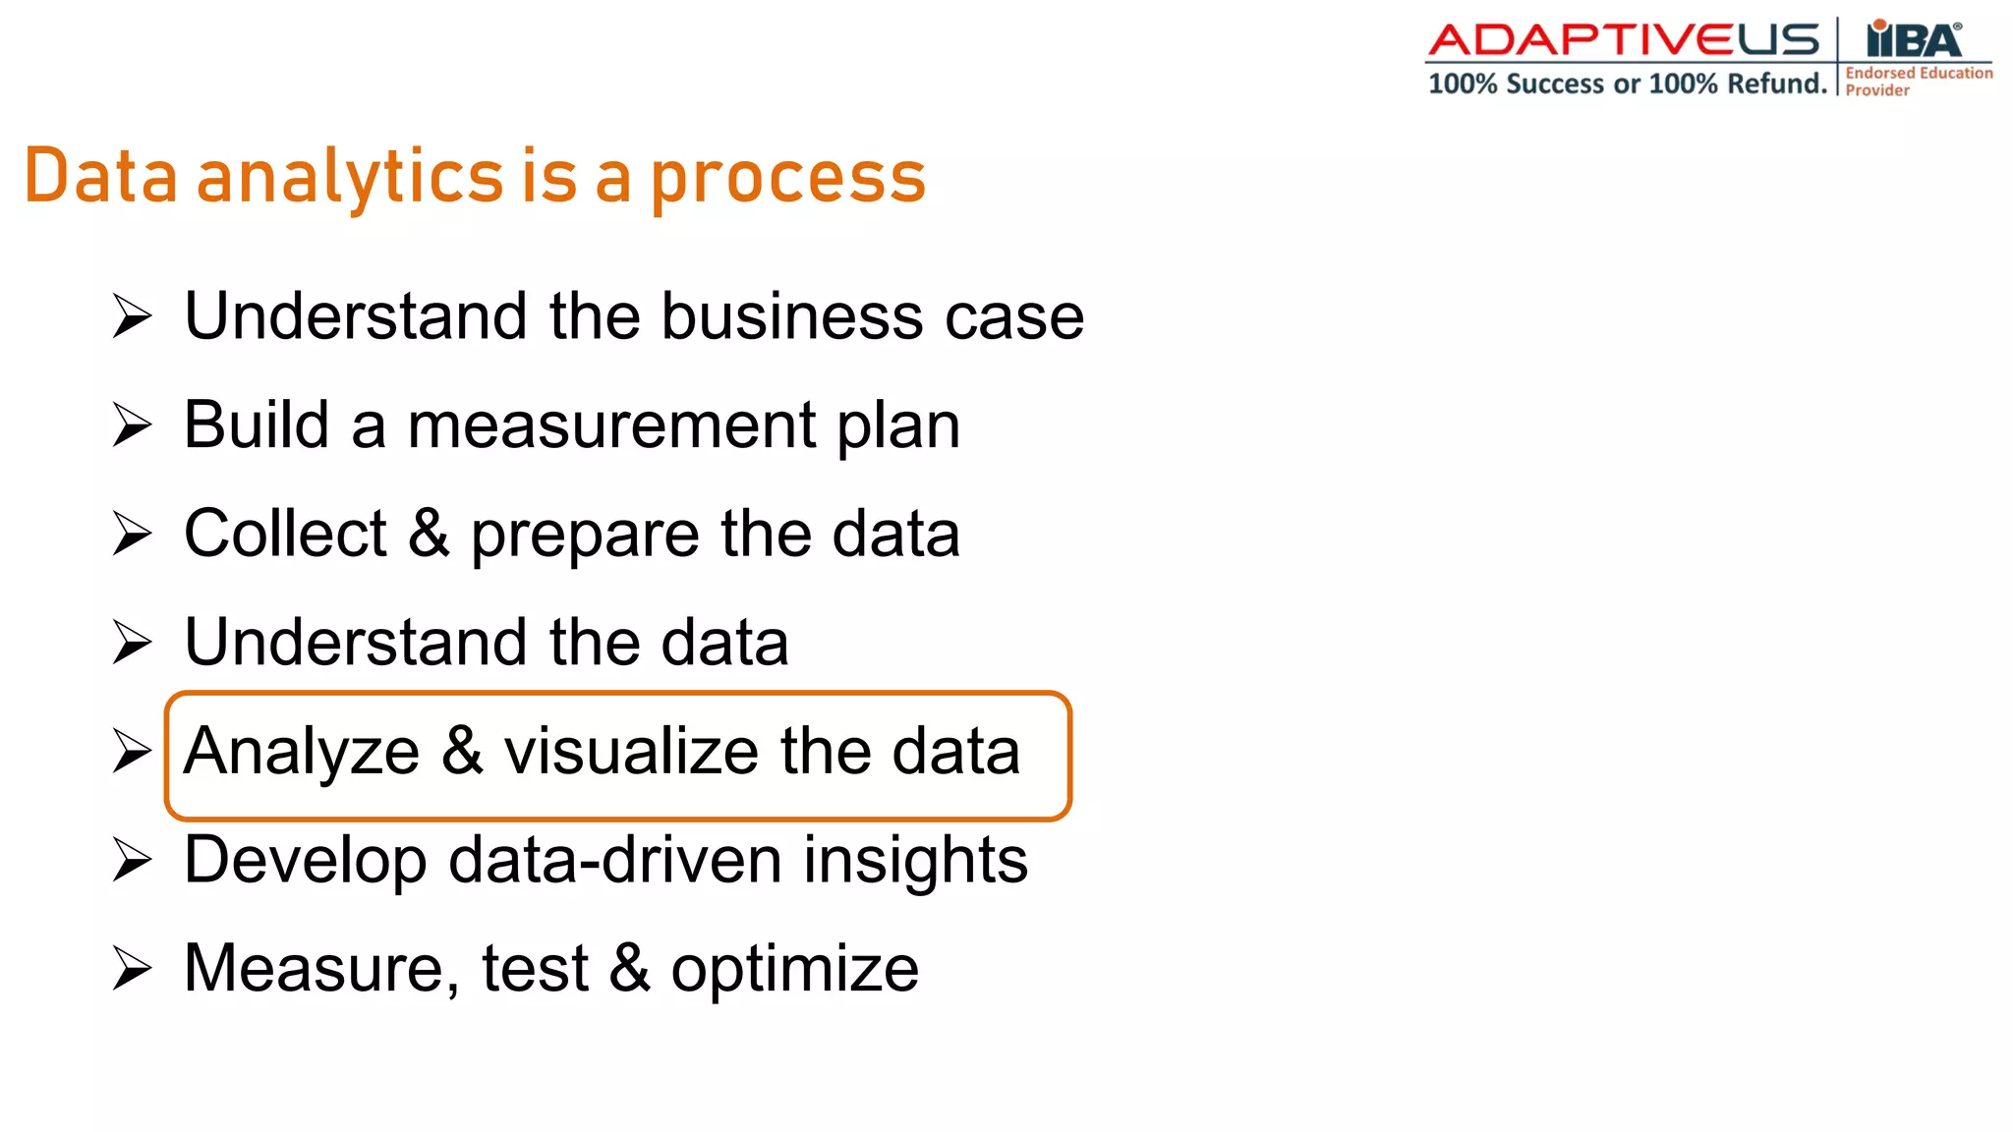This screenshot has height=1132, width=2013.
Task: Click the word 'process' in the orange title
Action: click(788, 179)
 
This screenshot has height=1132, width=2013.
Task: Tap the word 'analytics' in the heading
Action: click(350, 179)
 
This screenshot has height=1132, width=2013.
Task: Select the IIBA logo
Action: click(1914, 39)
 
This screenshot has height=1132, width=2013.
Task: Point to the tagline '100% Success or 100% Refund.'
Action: click(1627, 84)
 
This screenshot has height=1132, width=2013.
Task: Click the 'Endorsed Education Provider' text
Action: click(1917, 81)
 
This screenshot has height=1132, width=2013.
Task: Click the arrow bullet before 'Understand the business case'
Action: click(132, 316)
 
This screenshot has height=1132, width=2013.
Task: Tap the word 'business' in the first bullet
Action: click(791, 316)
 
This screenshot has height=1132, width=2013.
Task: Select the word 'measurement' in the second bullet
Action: click(611, 425)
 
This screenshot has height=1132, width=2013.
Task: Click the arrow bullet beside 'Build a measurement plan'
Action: click(132, 425)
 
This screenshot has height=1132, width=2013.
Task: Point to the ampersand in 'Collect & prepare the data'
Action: click(429, 534)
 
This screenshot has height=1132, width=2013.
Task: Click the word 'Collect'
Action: click(285, 534)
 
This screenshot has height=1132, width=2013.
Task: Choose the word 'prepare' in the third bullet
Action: click(585, 538)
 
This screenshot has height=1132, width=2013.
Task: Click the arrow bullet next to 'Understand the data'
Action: click(132, 643)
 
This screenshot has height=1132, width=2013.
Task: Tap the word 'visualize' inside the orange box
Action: click(631, 752)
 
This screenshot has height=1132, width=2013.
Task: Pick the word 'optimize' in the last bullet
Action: click(794, 971)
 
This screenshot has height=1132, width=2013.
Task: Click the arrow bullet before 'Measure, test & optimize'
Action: click(132, 969)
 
